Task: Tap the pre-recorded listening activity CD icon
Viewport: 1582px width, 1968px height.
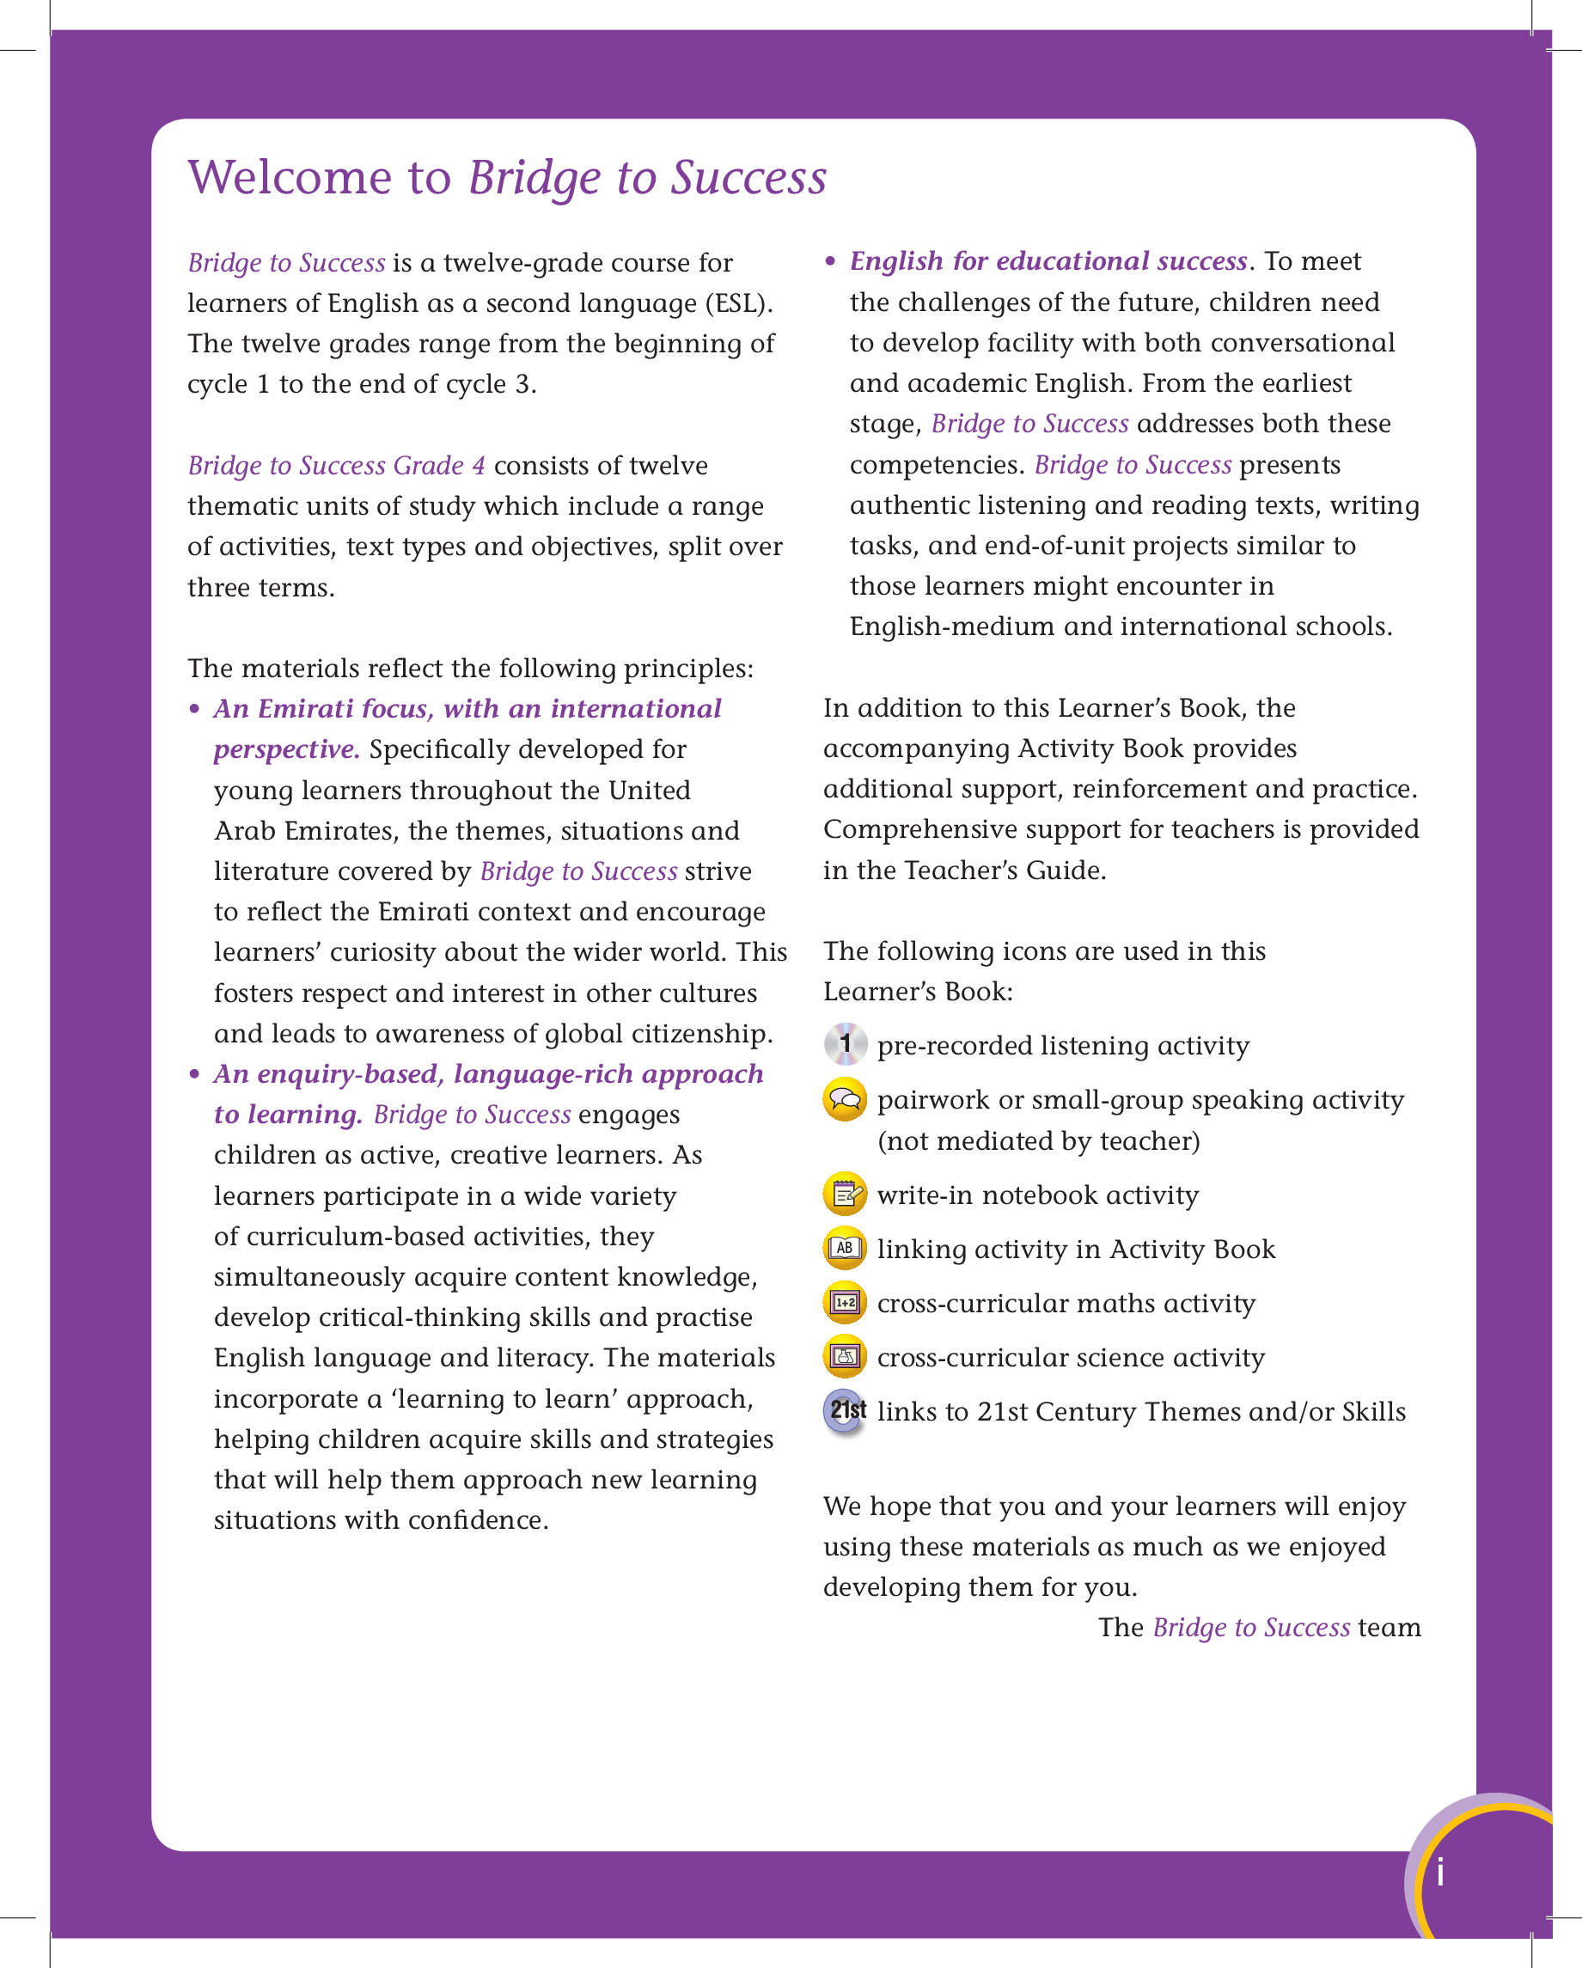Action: [846, 1044]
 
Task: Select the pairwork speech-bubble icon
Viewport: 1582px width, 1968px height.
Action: [846, 1100]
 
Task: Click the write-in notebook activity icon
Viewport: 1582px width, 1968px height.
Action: [846, 1194]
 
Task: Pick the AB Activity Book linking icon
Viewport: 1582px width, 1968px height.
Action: [846, 1249]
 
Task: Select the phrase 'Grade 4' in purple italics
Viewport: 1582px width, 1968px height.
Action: [440, 466]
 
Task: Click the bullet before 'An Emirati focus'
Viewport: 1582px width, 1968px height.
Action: [194, 709]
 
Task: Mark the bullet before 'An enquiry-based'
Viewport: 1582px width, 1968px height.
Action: [194, 1074]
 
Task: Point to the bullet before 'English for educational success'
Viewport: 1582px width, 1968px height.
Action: [830, 262]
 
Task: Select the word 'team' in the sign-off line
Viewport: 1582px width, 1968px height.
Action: [1390, 1628]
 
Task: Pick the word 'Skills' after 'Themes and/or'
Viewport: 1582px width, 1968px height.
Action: [1373, 1412]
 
